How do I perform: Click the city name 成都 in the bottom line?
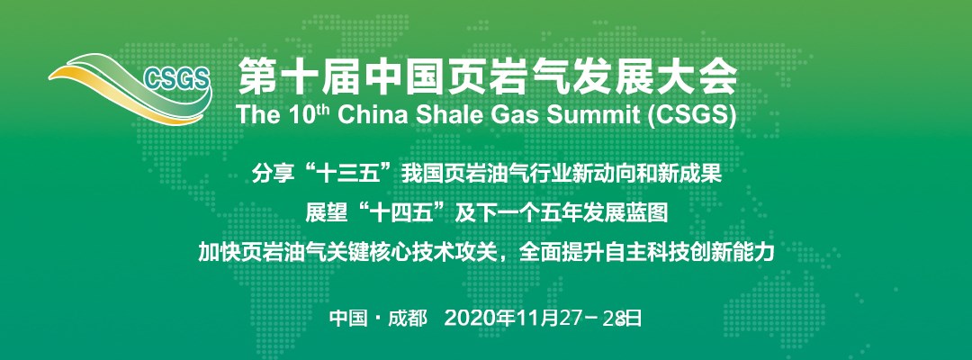408,319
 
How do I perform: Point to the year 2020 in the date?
466,319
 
